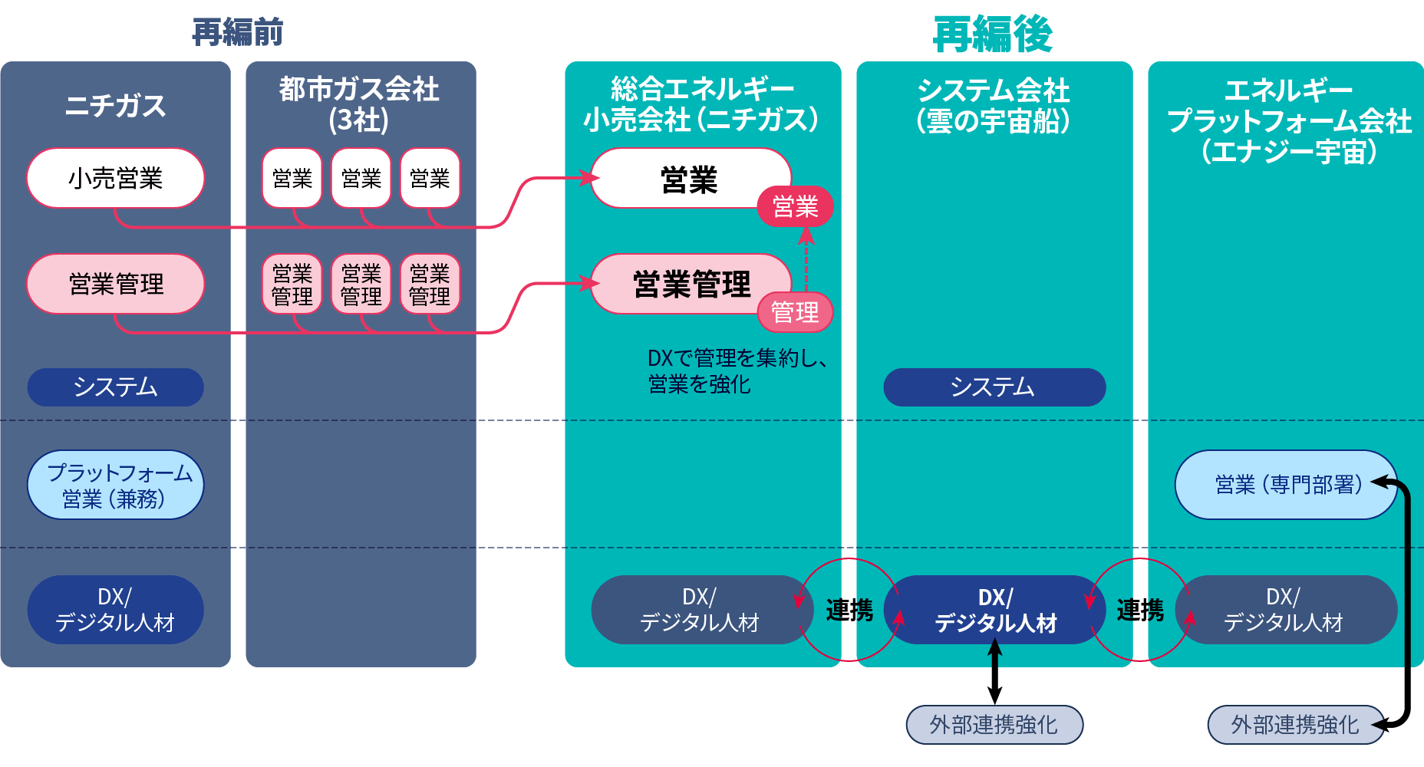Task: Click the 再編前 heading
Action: pyautogui.click(x=237, y=33)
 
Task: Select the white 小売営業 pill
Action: pyautogui.click(x=115, y=179)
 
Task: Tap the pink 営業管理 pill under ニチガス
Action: pyautogui.click(x=115, y=284)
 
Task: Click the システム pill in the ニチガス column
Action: pyautogui.click(x=115, y=387)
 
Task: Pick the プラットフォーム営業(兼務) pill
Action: pyautogui.click(x=115, y=485)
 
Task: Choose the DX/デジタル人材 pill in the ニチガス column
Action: pyautogui.click(x=115, y=610)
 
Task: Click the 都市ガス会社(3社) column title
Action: pyautogui.click(x=359, y=104)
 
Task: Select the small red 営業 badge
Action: pyautogui.click(x=795, y=206)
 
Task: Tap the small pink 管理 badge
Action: pyautogui.click(x=795, y=312)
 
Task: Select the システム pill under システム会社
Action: pyautogui.click(x=994, y=387)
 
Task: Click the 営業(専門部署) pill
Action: pyautogui.click(x=1286, y=485)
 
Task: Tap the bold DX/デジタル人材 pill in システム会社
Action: pyautogui.click(x=995, y=610)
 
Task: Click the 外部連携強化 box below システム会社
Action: pyautogui.click(x=994, y=725)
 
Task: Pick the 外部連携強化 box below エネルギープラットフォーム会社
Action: pyautogui.click(x=1294, y=725)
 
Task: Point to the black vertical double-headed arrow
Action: pyautogui.click(x=994, y=672)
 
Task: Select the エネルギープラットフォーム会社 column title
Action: pyautogui.click(x=1288, y=120)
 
